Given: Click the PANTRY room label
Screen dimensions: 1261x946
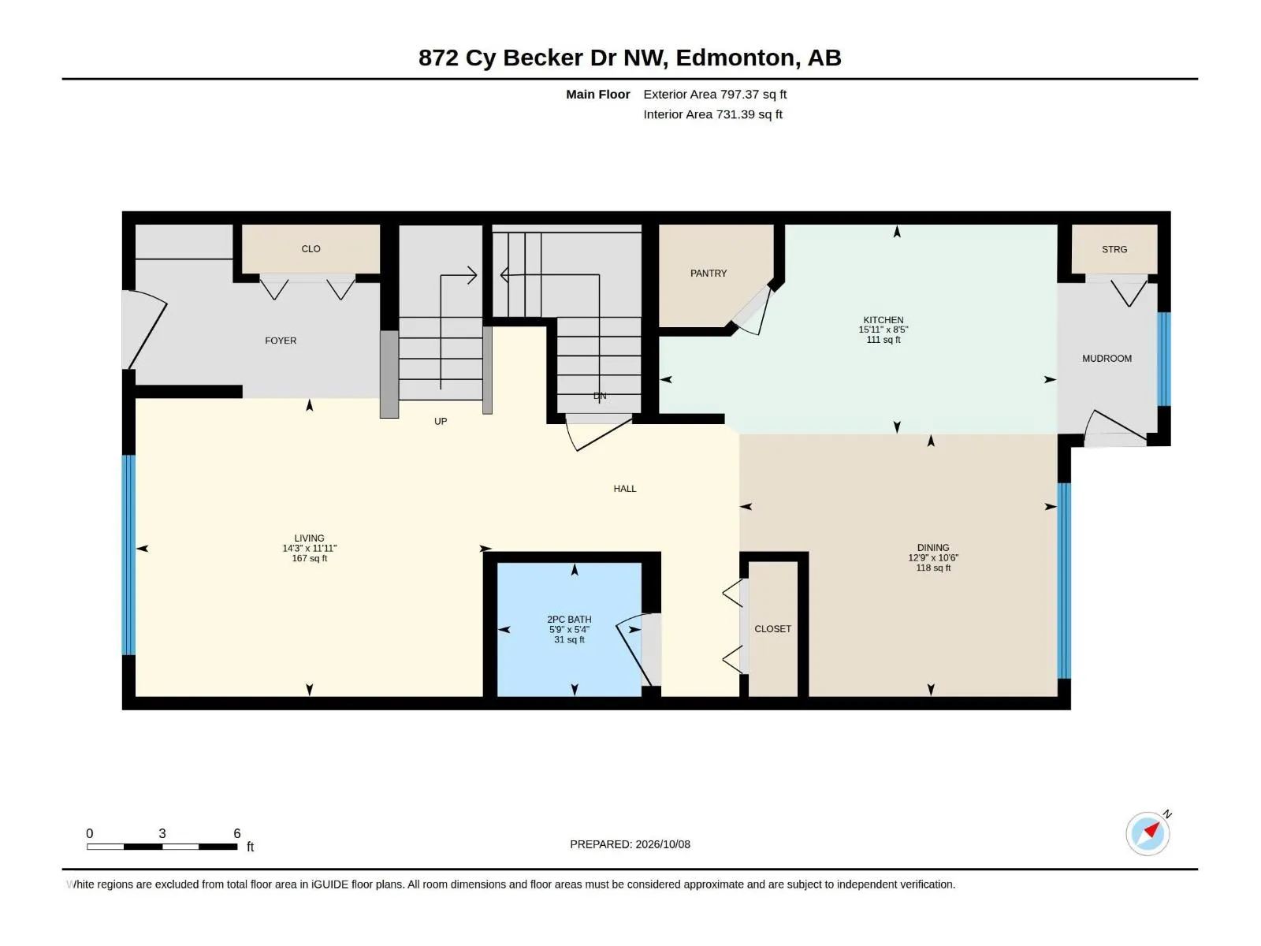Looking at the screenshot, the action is coord(709,274).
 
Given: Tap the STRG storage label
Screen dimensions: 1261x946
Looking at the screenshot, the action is coord(1114,249).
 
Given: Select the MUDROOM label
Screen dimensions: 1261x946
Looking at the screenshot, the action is coord(1107,359).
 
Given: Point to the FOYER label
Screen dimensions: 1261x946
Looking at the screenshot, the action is coord(281,341).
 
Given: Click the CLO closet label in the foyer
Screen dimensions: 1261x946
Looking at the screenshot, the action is coord(311,248).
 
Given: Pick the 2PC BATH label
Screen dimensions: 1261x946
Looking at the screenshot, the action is coord(569,619).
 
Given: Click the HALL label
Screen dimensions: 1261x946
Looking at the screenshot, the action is coord(624,489).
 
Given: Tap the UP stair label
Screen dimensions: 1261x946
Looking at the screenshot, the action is coord(441,421).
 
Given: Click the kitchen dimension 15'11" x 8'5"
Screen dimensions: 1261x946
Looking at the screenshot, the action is coord(883,330).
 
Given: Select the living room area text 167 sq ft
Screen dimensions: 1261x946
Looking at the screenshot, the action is coord(309,558).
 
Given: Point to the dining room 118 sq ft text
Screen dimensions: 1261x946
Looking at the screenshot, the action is coord(933,568).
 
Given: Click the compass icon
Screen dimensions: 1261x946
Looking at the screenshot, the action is coord(1148,833).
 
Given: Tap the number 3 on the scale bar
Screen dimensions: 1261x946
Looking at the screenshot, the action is coord(162,832).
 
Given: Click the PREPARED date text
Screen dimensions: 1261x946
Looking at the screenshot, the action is coord(630,844).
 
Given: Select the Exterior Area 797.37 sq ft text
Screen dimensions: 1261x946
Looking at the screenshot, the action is coord(715,94).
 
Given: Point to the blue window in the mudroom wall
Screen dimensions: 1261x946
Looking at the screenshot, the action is coord(1163,359).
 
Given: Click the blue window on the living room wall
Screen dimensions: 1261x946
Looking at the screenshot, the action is coord(128,555).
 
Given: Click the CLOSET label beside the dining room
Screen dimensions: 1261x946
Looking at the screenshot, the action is coord(772,629).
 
